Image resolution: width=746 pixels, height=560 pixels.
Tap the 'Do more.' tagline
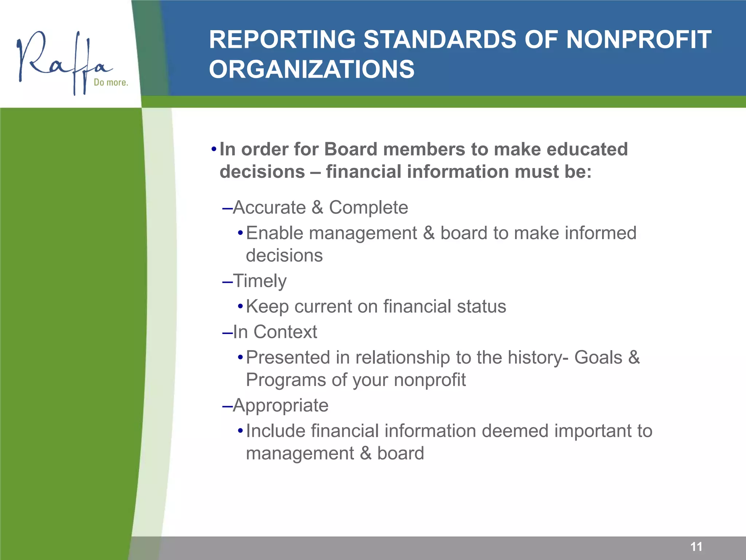[x=111, y=82]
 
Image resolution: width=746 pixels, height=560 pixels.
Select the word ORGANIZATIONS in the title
[x=311, y=69]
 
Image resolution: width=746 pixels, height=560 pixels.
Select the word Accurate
[x=269, y=207]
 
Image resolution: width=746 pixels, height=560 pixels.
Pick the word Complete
[x=368, y=207]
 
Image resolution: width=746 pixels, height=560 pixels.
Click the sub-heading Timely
[x=259, y=281]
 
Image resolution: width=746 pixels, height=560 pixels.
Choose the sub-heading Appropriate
[x=280, y=405]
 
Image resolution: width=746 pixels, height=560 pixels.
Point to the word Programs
[x=285, y=380]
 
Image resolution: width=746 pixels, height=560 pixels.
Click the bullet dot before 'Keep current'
[x=240, y=307]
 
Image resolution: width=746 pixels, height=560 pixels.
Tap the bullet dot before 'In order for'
[x=214, y=149]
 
